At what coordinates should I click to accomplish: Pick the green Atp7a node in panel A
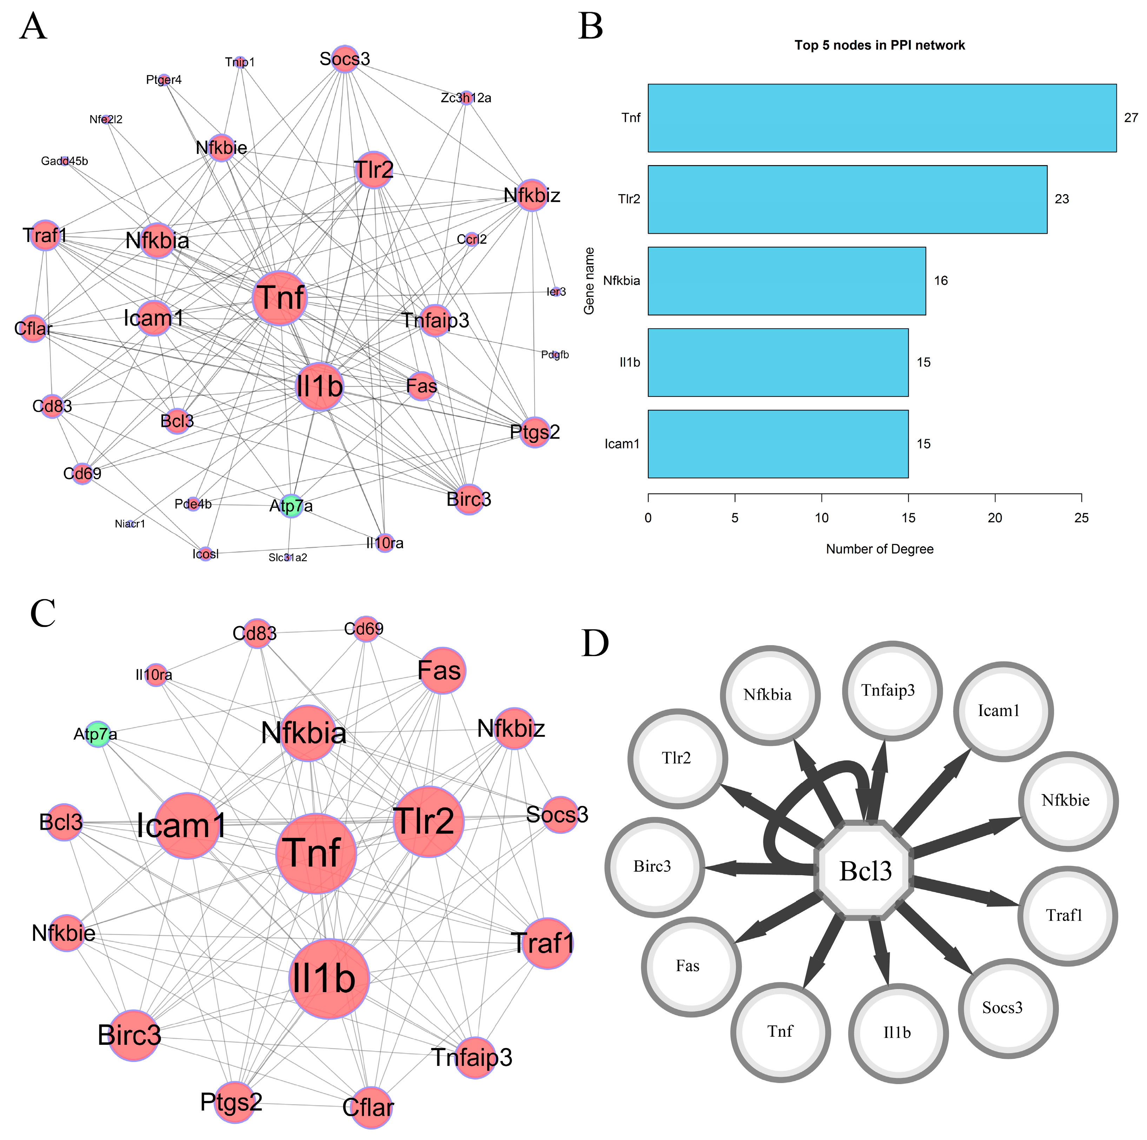click(x=290, y=505)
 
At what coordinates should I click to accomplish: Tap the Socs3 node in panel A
click(x=345, y=59)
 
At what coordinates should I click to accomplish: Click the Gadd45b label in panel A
click(x=64, y=161)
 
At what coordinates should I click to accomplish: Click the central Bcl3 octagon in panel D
click(x=865, y=871)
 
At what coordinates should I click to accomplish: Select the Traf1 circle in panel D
click(x=1067, y=916)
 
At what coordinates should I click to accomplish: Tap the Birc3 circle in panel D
click(x=654, y=867)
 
